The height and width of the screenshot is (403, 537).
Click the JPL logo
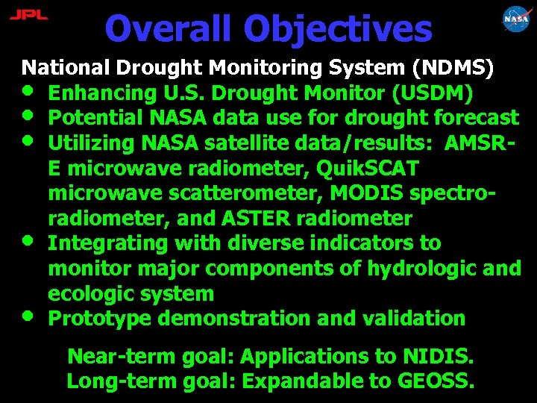tap(28, 15)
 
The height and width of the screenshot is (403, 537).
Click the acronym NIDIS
tap(440, 356)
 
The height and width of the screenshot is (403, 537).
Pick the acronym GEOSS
tap(434, 381)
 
